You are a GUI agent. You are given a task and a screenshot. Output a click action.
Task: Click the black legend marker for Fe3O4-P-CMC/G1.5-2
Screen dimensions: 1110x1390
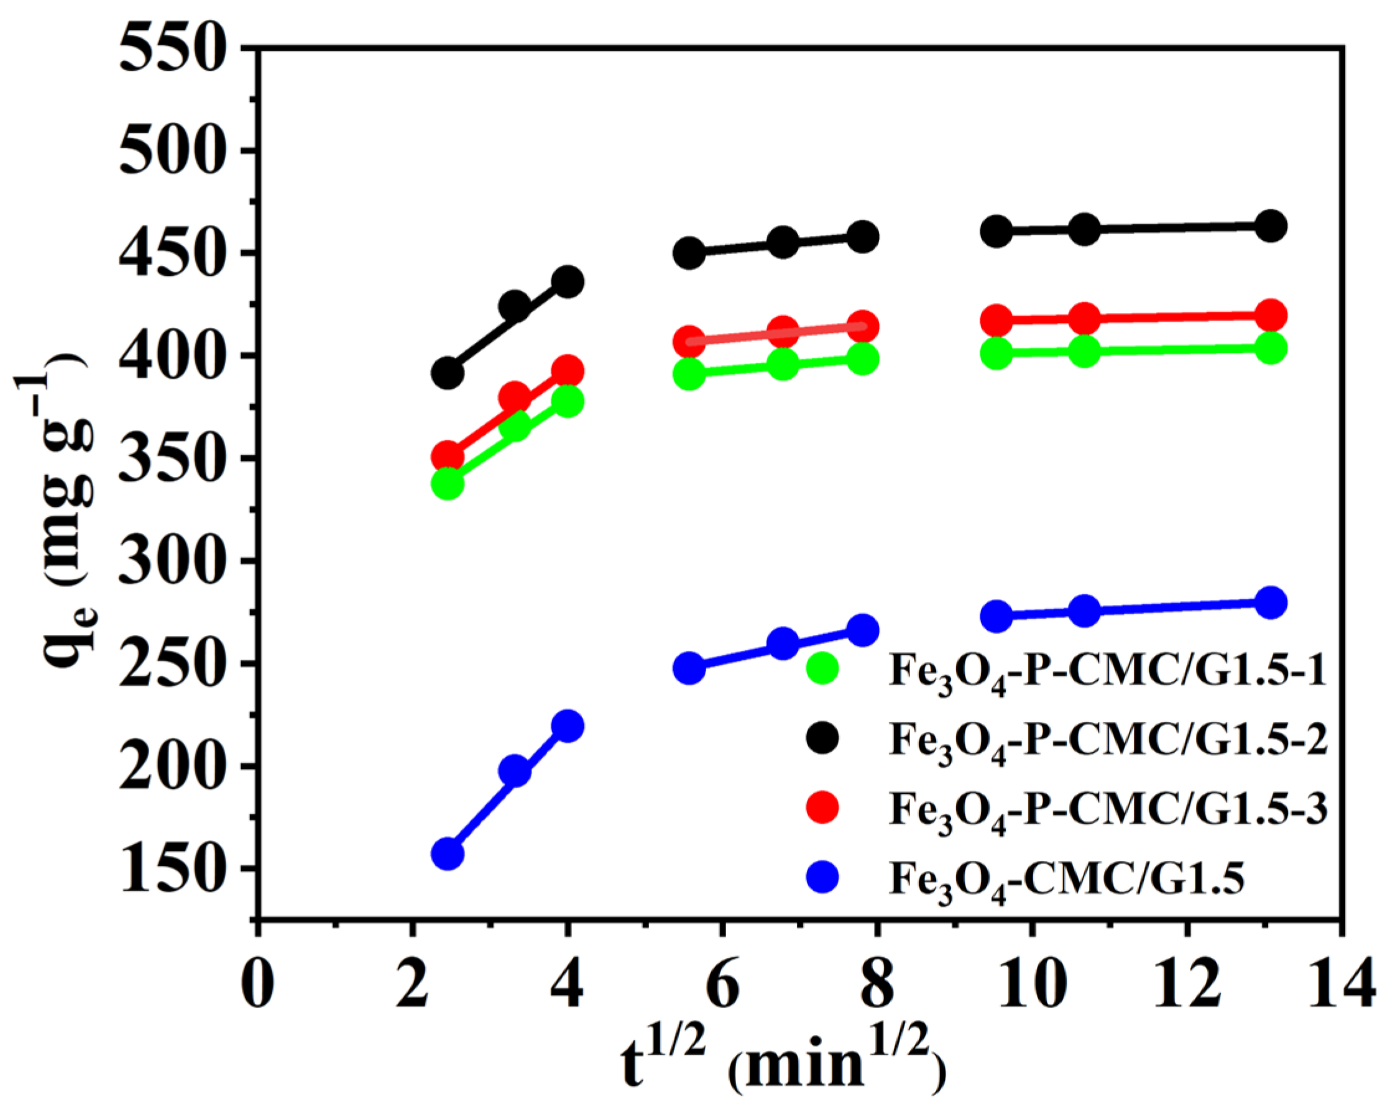tap(822, 739)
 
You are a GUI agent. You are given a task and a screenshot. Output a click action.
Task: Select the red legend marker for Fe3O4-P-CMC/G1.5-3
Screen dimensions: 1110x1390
tap(822, 808)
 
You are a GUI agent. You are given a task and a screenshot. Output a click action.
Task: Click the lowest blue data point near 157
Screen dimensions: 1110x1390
tap(448, 854)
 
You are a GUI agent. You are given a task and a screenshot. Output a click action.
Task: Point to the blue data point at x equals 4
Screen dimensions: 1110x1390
tap(568, 726)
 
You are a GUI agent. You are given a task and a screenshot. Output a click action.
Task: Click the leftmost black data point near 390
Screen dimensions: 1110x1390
tap(448, 373)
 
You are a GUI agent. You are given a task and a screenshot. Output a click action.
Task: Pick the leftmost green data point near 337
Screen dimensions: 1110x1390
tap(448, 484)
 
